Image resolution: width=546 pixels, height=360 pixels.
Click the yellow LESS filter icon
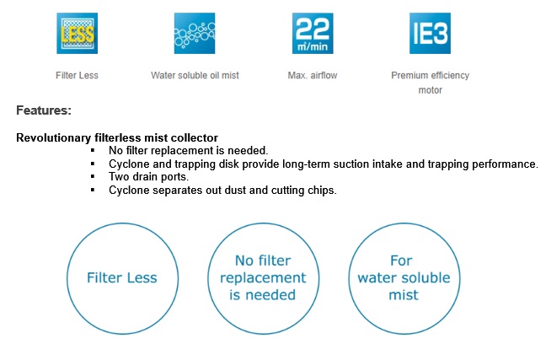point(77,34)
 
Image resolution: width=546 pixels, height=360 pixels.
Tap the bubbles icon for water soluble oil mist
point(195,34)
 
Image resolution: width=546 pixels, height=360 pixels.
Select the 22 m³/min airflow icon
point(313,34)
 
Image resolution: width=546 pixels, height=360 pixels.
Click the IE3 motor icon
point(430,34)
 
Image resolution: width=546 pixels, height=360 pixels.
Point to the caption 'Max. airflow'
point(313,75)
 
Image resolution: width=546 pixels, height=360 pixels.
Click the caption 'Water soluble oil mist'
point(195,75)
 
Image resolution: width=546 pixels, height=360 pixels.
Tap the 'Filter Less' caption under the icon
point(77,75)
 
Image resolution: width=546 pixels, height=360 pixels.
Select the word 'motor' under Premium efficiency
point(430,90)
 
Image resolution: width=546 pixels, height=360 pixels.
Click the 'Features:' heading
point(44,110)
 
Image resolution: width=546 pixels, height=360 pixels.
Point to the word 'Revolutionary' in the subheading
point(54,138)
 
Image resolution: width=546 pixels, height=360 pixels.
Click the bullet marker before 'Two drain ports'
point(93,177)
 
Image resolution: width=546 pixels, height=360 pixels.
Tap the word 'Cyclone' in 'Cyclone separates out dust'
point(129,191)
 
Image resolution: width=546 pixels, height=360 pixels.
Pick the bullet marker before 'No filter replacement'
point(93,151)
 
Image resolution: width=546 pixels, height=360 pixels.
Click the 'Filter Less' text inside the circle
point(122,277)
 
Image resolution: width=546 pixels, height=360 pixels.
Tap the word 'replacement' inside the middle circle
point(263,278)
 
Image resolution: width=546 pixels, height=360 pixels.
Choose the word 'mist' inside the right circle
point(404,295)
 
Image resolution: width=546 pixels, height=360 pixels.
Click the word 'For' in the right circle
point(401,261)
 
